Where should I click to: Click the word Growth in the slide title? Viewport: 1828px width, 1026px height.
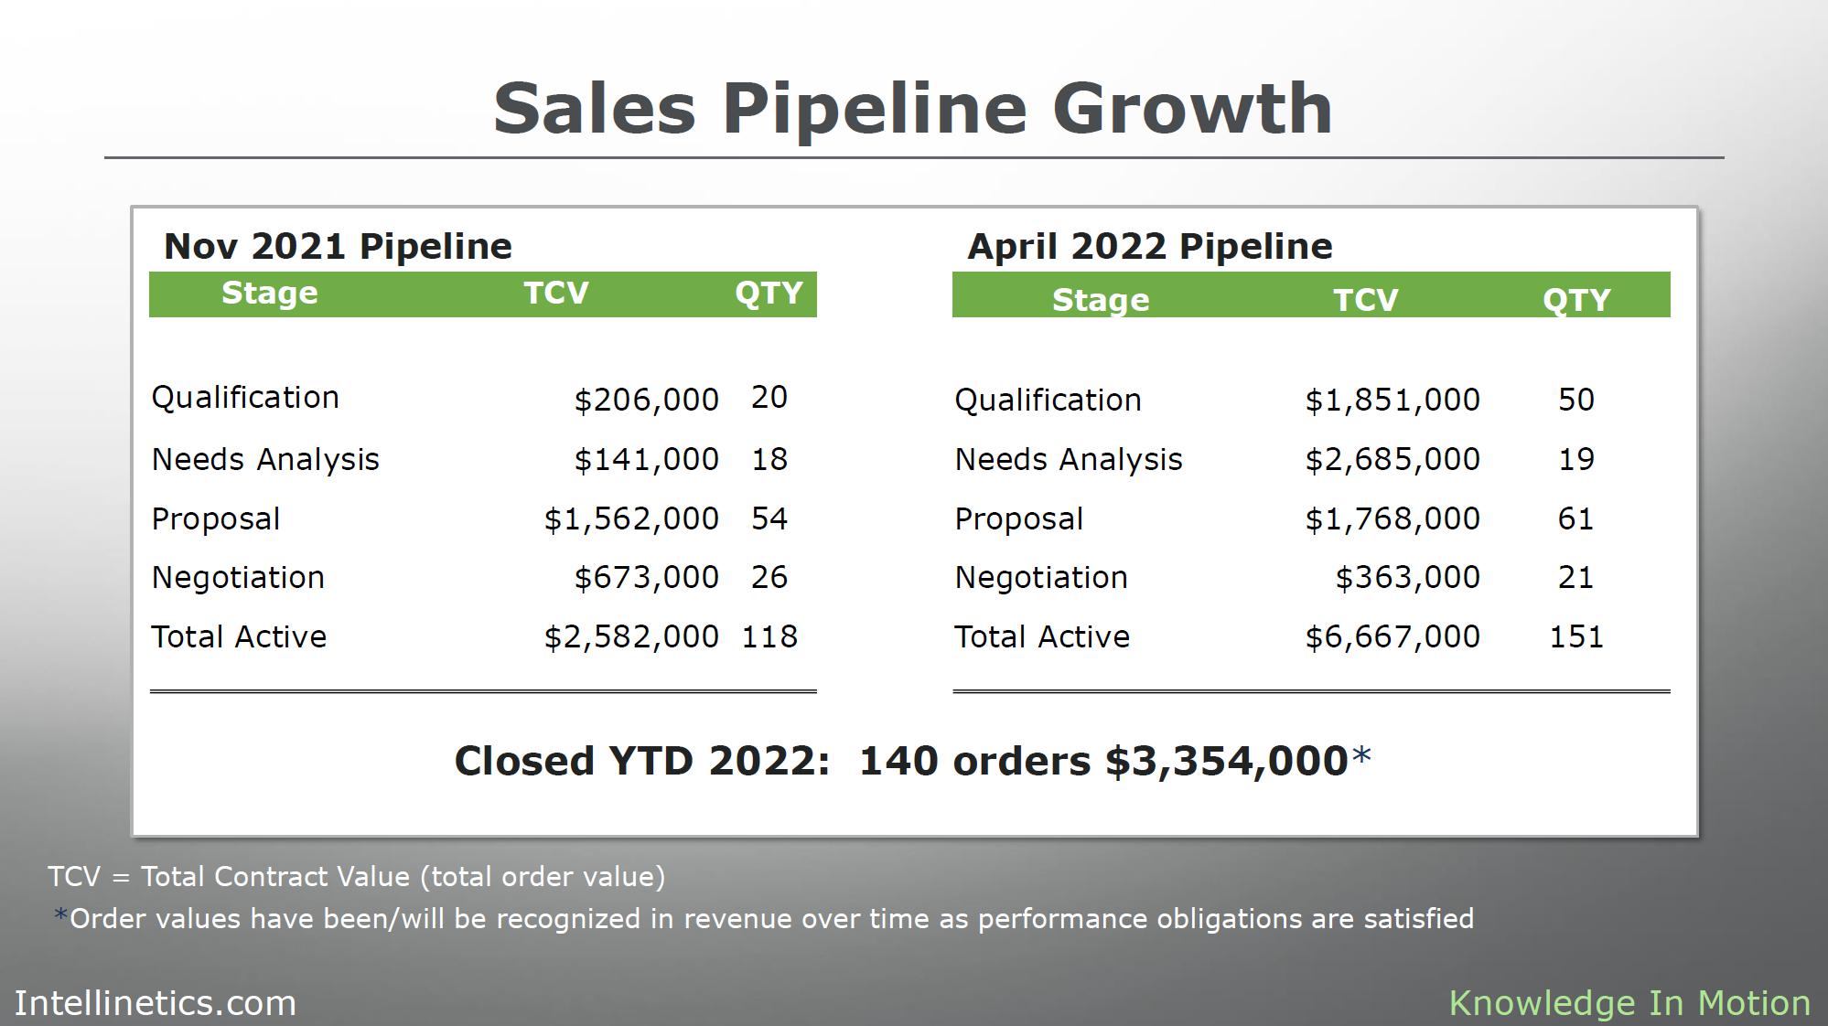coord(1191,109)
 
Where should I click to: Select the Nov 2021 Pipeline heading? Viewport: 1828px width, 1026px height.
coord(338,246)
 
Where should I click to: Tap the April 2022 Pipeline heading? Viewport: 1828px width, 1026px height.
coord(1149,246)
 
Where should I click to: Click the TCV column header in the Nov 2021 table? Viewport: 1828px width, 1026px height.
coord(556,293)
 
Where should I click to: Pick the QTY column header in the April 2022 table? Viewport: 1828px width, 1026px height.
coord(1575,300)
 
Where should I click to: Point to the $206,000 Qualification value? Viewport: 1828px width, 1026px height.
coord(646,400)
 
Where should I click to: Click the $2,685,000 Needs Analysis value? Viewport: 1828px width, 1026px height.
coord(1392,459)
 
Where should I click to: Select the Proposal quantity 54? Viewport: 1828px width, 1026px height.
coord(769,518)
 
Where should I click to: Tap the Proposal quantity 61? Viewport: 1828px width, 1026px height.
coord(1575,518)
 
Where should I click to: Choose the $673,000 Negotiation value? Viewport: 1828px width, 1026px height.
coord(646,577)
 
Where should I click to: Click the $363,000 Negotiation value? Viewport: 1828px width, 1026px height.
coord(1407,577)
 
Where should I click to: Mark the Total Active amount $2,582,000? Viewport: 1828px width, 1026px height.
coord(631,636)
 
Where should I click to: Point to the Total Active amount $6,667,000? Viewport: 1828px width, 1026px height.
coord(1392,636)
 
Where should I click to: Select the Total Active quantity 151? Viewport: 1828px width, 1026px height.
coord(1575,636)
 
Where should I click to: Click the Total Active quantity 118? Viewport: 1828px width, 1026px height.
coord(769,636)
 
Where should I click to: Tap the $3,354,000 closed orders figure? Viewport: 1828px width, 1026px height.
coord(1226,761)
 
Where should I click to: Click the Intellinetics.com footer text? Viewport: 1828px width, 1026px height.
coord(156,1003)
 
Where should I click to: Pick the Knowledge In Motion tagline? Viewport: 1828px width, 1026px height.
coord(1629,1003)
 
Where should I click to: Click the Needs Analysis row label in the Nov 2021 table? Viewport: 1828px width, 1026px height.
coord(265,459)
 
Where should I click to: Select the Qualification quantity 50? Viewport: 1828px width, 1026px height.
coord(1575,400)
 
